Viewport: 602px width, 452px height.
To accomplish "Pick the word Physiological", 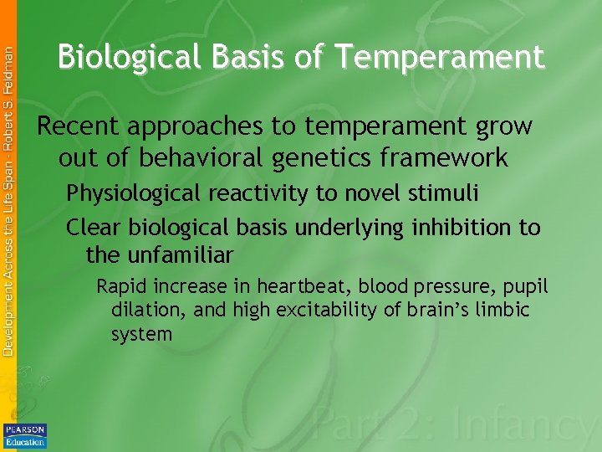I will click(134, 194).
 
